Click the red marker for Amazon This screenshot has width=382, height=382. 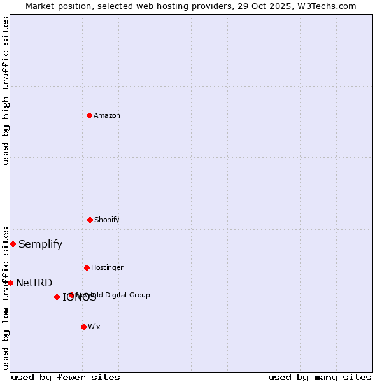[x=89, y=115]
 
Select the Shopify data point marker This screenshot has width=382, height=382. [x=90, y=220]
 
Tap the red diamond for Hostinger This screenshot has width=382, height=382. [x=87, y=267]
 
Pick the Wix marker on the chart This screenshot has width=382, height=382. [x=83, y=327]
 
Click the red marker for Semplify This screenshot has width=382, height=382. [x=13, y=244]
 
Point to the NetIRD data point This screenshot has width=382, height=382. [x=10, y=283]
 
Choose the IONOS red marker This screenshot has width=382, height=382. [x=57, y=297]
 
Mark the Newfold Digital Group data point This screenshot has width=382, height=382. [x=71, y=295]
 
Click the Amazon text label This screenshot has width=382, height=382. [x=107, y=115]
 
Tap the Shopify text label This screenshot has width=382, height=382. [x=107, y=220]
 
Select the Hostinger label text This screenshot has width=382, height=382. [x=107, y=267]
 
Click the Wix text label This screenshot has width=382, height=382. [x=94, y=327]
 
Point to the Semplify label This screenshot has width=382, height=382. [x=40, y=244]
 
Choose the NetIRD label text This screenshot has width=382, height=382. [x=34, y=283]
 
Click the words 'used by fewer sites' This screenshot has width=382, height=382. [x=66, y=377]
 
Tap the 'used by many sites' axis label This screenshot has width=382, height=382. [x=320, y=377]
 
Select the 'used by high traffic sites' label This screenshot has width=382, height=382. [x=6, y=90]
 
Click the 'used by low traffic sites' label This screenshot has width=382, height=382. [x=6, y=297]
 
